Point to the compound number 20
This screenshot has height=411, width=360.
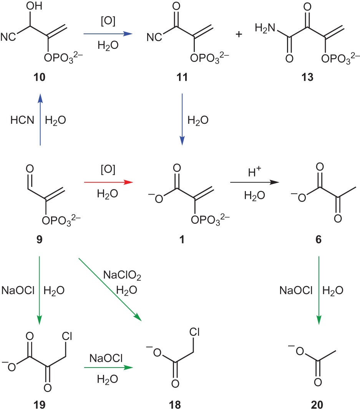click(318, 404)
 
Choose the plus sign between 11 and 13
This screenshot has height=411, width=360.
click(239, 35)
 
